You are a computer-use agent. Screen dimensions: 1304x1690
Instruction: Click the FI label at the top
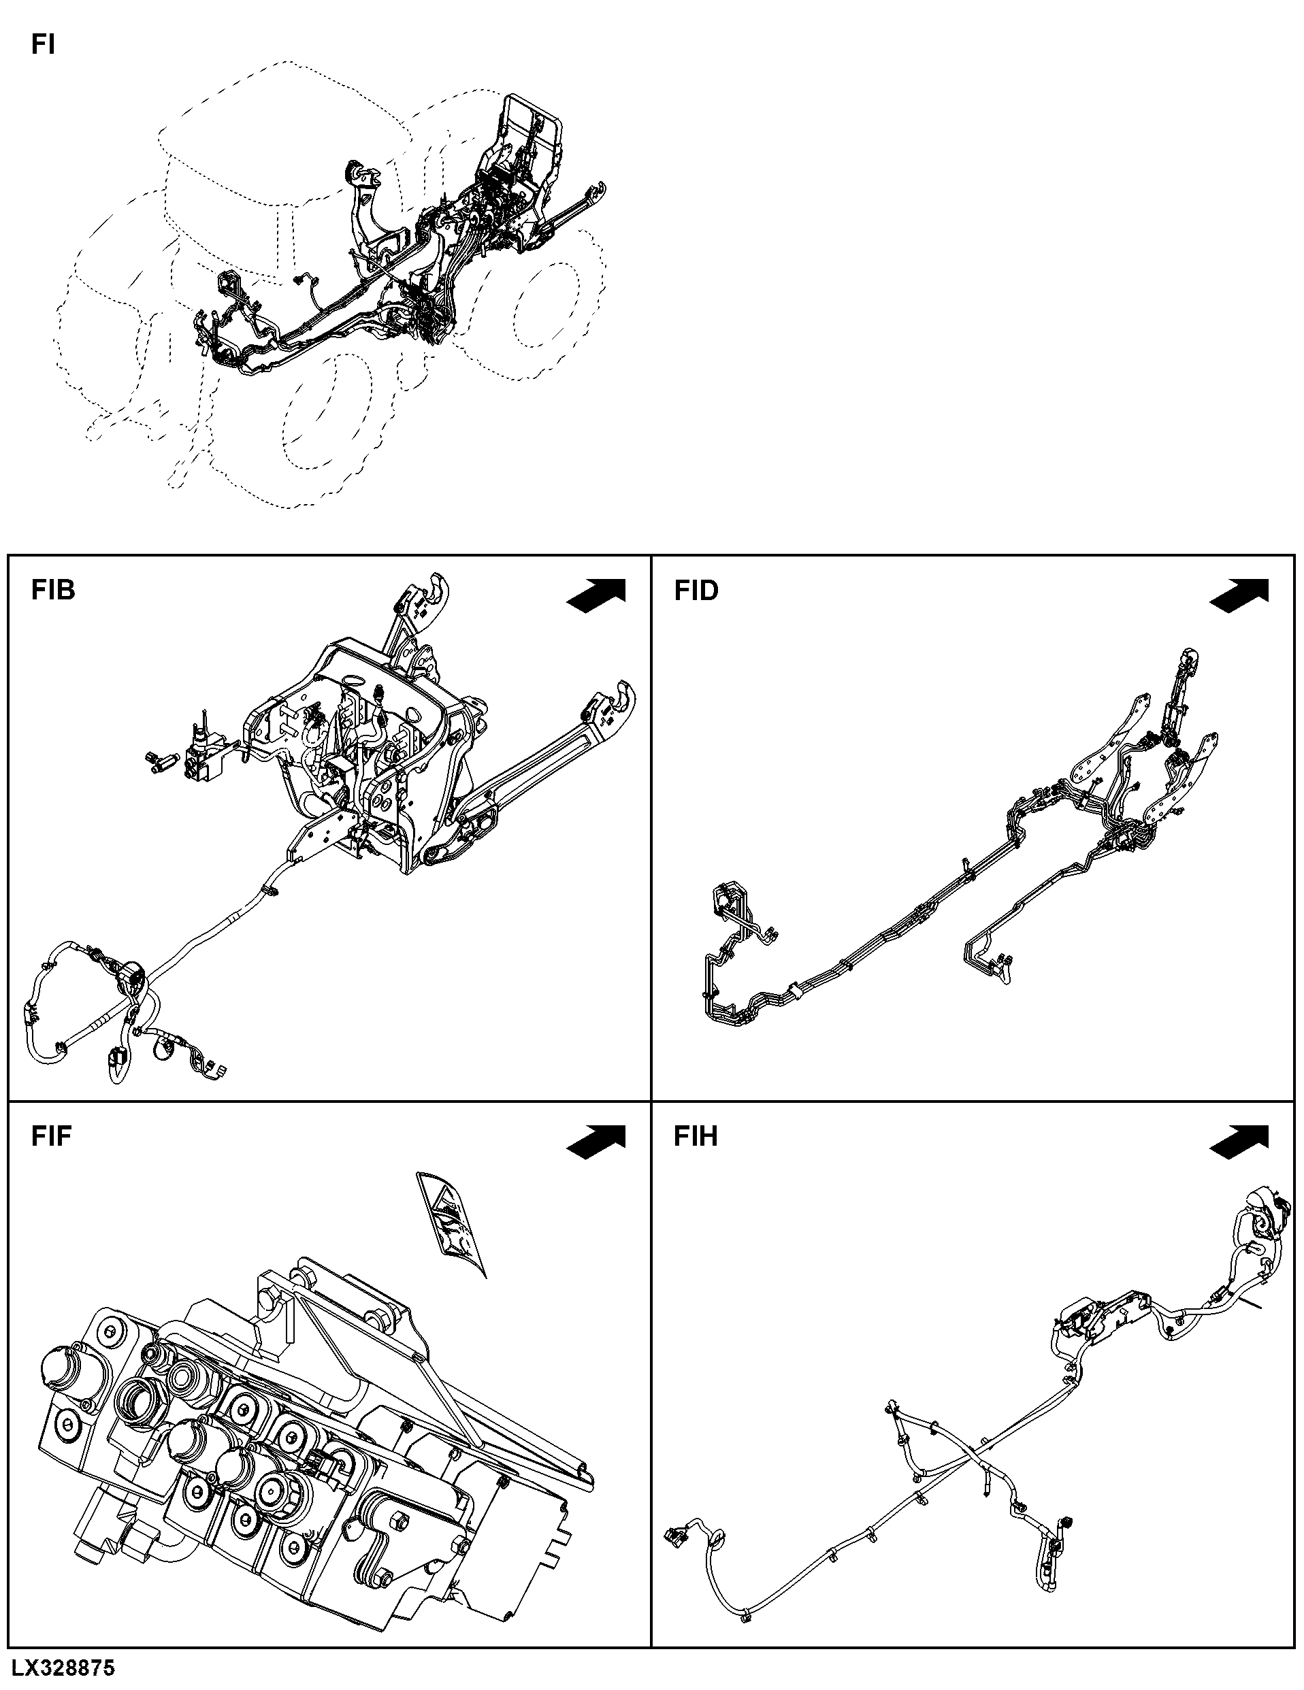[43, 45]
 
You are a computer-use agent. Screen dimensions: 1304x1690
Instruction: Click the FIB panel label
[53, 590]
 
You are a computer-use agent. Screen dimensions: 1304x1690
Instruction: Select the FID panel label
[696, 591]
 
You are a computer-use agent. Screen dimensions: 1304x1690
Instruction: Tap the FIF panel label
[52, 1136]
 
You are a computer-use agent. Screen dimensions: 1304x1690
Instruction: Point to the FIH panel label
[696, 1136]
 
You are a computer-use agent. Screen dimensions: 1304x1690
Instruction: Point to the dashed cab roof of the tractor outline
[287, 131]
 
